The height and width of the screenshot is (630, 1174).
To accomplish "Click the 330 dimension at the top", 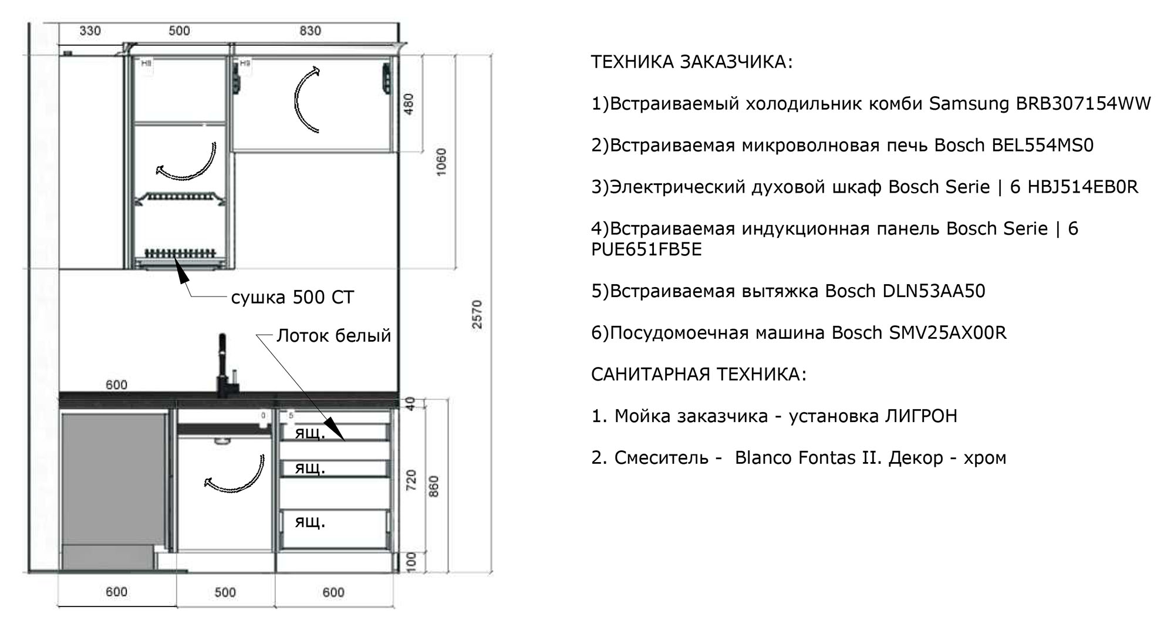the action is tap(90, 31).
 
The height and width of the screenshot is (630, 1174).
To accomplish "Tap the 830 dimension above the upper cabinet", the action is tap(310, 31).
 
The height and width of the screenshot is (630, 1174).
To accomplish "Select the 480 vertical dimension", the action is tap(409, 105).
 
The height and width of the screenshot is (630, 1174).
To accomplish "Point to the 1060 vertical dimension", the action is tap(441, 161).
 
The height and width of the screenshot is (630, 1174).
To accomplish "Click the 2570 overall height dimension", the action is tap(477, 315).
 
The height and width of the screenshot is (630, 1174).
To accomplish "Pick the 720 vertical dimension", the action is tap(411, 480).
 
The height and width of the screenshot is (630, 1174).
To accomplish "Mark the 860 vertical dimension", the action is tap(434, 487).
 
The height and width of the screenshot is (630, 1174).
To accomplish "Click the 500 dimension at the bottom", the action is tap(225, 592).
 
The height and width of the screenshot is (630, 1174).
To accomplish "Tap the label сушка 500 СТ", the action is tap(292, 297).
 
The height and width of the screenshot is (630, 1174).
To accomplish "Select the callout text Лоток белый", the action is tap(333, 335).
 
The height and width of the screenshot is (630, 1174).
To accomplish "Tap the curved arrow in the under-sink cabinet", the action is tap(235, 473).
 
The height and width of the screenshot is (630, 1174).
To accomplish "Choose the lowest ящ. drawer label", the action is tap(309, 522).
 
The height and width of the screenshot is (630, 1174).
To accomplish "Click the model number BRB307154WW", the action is tap(1083, 104).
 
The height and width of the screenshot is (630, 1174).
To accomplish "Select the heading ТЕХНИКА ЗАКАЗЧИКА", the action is tap(691, 62).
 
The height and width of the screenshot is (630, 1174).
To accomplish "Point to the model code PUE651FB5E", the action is tap(646, 250).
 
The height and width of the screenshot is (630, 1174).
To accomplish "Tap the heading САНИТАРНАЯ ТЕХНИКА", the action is tap(699, 374).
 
